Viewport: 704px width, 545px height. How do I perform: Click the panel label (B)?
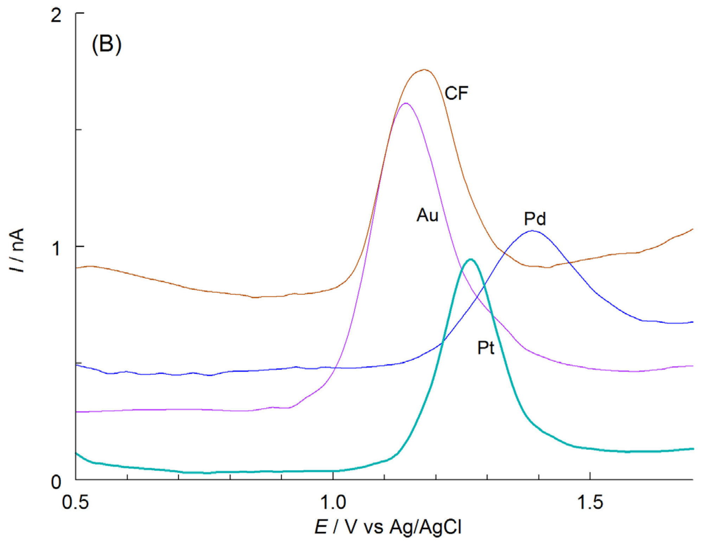(x=107, y=44)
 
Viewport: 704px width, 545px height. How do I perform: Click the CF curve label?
(x=456, y=93)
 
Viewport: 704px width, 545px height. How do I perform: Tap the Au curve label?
(x=427, y=215)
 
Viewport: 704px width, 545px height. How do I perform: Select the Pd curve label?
(x=535, y=219)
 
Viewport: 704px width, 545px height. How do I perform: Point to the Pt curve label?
(x=486, y=348)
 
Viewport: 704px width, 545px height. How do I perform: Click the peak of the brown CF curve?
(x=424, y=70)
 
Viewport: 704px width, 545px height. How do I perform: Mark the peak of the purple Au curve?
(x=406, y=103)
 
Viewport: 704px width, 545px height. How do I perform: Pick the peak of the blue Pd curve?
(x=532, y=231)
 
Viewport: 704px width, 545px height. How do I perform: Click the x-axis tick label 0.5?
(x=75, y=502)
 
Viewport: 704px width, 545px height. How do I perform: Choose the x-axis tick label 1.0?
(x=333, y=502)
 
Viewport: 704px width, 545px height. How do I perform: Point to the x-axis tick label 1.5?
(x=590, y=502)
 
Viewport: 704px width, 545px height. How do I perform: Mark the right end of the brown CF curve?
(x=692, y=229)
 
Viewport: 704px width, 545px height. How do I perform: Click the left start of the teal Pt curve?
(x=77, y=454)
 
